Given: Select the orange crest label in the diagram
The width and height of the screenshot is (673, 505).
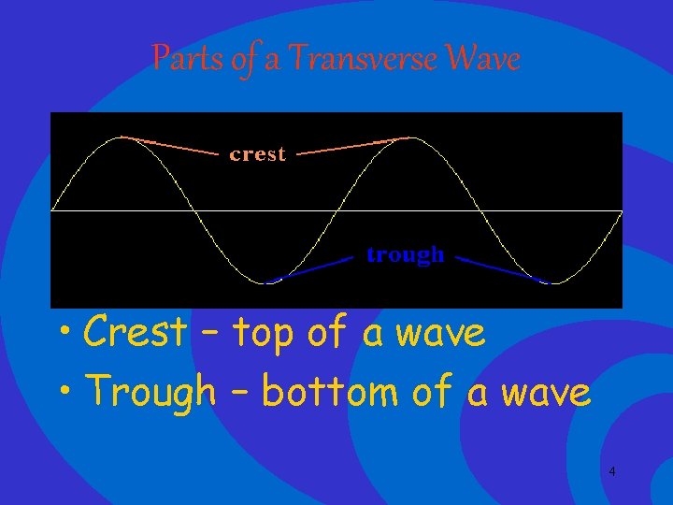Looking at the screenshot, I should (x=257, y=154).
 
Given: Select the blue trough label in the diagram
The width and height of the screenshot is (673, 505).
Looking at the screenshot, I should (x=405, y=254).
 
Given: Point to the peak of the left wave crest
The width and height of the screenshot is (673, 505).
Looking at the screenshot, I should (x=122, y=137).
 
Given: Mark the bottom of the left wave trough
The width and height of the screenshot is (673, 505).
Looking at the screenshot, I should (x=265, y=282).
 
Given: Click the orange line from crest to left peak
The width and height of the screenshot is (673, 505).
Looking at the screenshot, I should (x=173, y=145).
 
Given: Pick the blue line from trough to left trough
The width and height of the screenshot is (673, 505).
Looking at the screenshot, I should (x=313, y=268).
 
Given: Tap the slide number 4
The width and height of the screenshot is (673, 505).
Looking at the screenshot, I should (x=611, y=471).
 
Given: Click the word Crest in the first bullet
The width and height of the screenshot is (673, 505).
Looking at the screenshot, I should (x=135, y=332).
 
